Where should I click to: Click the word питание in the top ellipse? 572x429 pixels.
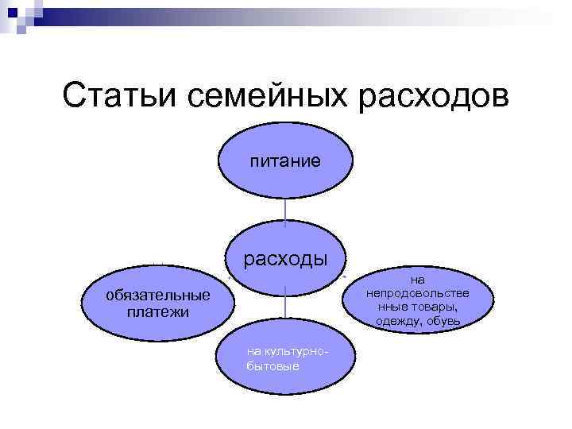(x=285, y=161)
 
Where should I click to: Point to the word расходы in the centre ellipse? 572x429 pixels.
(x=285, y=259)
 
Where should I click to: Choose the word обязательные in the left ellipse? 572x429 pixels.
(x=159, y=296)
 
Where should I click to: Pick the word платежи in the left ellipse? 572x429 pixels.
(x=158, y=311)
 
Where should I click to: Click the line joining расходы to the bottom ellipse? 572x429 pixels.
(x=285, y=305)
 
